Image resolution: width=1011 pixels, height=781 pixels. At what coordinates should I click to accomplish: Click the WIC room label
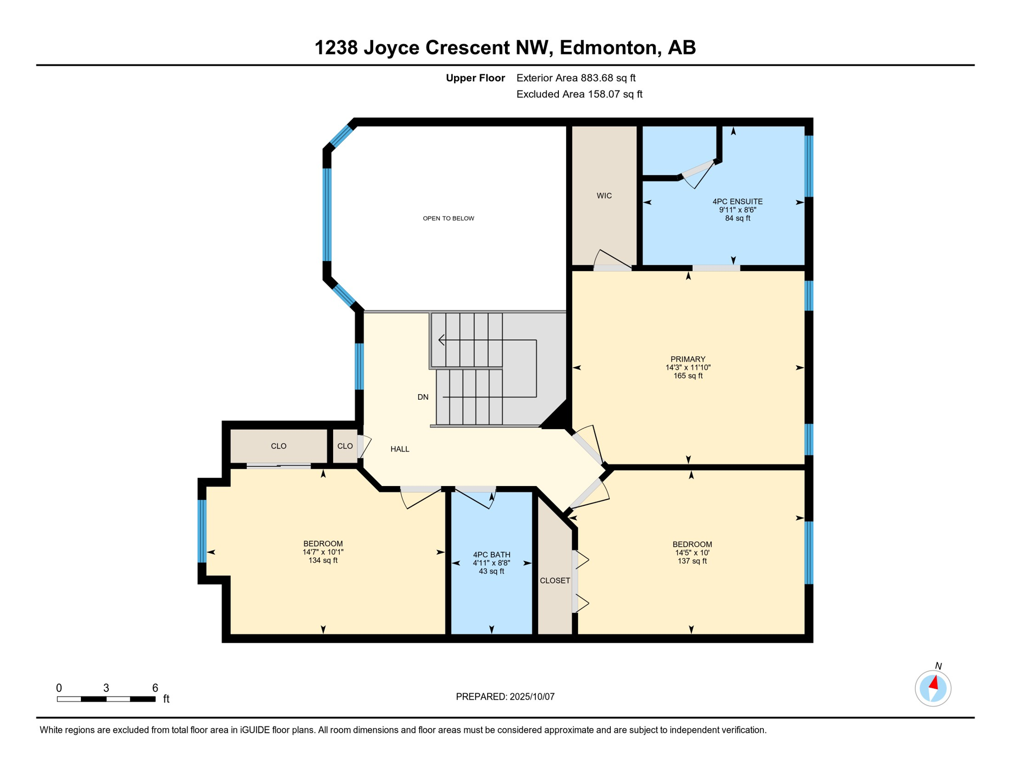coord(604,196)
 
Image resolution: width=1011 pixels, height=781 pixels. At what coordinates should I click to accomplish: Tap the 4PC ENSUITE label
coord(737,202)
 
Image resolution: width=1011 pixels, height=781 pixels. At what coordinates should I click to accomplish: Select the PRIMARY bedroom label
coord(688,359)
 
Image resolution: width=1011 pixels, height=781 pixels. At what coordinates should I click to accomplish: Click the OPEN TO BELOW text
coord(449,219)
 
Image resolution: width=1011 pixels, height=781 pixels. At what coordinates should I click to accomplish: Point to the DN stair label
coord(423,397)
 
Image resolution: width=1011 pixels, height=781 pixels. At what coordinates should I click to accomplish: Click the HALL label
coord(400,449)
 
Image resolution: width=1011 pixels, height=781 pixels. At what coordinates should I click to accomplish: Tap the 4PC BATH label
coord(491,555)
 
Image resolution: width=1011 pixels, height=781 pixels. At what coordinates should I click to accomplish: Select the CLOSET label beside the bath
coord(555,581)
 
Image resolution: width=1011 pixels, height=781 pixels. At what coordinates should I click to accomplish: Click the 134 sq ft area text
coord(323,560)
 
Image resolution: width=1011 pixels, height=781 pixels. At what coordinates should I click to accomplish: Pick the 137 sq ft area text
coord(692,561)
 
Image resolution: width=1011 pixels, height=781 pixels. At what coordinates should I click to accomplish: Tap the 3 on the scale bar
coord(106,688)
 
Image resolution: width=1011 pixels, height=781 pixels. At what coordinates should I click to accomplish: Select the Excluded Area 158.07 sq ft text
coord(579,94)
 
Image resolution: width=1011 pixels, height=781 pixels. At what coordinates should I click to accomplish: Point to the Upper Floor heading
coord(475,78)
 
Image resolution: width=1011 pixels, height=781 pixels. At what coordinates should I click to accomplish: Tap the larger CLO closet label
coord(279,446)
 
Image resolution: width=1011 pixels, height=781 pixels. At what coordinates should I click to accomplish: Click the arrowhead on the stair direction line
coord(441,340)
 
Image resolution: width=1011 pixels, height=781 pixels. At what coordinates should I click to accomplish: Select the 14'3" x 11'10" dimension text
coord(688,368)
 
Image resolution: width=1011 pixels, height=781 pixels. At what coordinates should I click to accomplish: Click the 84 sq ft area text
coord(737,219)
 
